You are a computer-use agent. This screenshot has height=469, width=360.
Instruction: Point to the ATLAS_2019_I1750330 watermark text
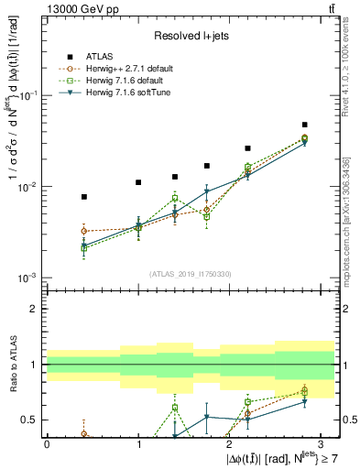pos(190,271)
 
